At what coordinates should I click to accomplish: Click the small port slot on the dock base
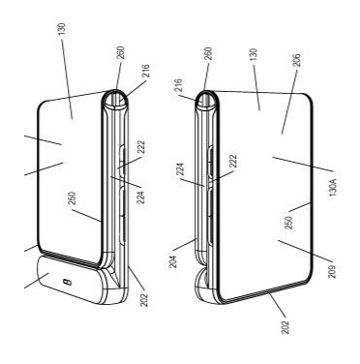pyautogui.click(x=67, y=282)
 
